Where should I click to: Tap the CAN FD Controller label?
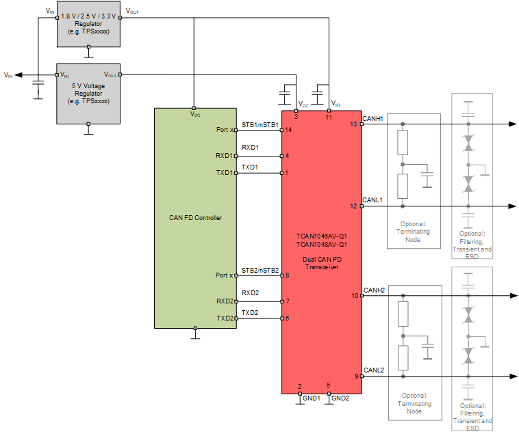[195, 218]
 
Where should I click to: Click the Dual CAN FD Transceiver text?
[322, 264]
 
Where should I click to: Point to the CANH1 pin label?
[373, 118]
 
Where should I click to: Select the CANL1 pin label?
[373, 200]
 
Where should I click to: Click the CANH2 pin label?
[374, 290]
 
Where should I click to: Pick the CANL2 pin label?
[374, 370]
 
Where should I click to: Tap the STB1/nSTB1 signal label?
[259, 125]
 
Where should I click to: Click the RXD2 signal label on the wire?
[250, 293]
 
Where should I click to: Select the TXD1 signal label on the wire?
[250, 167]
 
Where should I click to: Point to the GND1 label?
[311, 398]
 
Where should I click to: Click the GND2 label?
[340, 398]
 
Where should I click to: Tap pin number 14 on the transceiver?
[289, 129]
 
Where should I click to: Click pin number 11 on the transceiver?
[329, 118]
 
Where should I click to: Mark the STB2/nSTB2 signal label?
[259, 270]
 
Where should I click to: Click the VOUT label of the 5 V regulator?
[110, 74]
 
